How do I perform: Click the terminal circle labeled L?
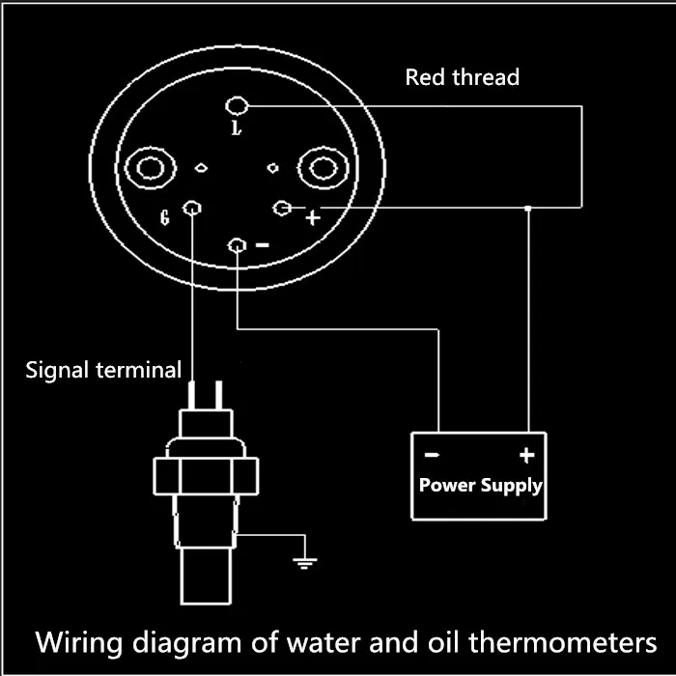(x=237, y=107)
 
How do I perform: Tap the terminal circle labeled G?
(x=192, y=209)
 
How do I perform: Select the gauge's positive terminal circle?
(x=283, y=208)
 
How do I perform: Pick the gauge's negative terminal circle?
(x=238, y=247)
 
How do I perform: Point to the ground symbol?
(x=306, y=561)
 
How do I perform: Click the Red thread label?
(x=462, y=77)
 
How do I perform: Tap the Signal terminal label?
(x=102, y=369)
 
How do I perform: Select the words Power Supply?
(x=480, y=485)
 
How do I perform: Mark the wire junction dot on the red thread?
(x=528, y=208)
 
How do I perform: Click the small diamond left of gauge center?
(x=201, y=168)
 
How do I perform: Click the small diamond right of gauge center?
(x=273, y=168)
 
